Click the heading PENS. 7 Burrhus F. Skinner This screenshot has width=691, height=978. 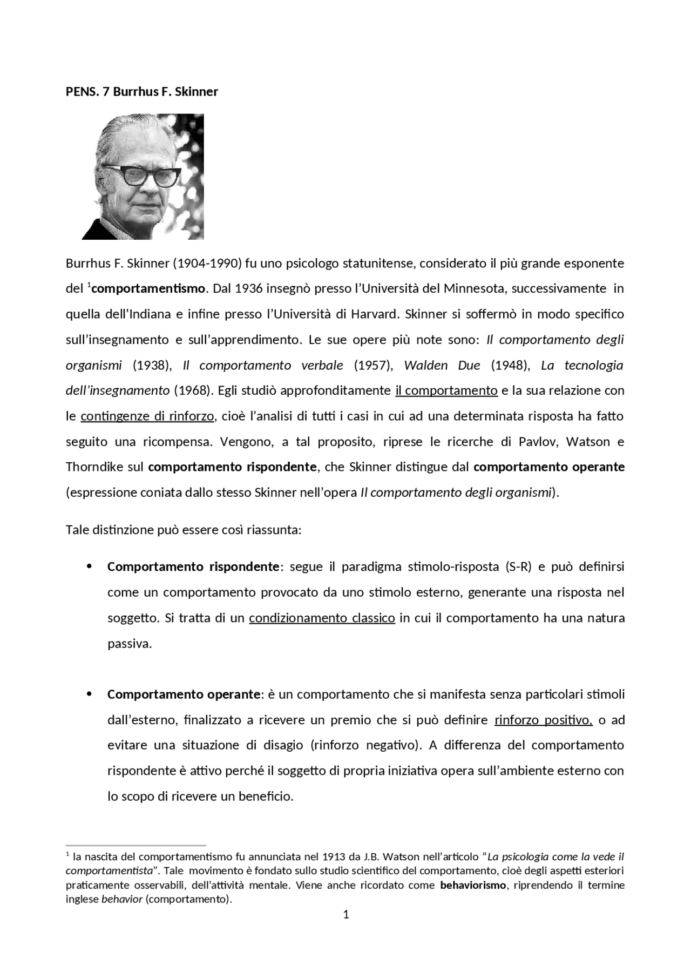click(x=141, y=91)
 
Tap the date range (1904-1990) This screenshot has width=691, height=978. click(x=206, y=264)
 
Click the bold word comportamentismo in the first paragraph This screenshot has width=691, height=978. click(x=148, y=288)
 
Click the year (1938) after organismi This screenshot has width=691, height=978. click(x=152, y=365)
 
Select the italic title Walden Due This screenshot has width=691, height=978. click(x=442, y=365)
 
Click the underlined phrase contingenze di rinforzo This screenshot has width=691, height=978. click(x=148, y=416)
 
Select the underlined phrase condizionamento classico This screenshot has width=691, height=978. click(x=322, y=618)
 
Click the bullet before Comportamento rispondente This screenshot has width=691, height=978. click(x=90, y=566)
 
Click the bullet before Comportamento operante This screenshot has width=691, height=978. click(x=90, y=694)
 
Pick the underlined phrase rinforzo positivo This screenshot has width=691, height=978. click(x=543, y=720)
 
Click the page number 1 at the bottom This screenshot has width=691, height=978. click(x=346, y=914)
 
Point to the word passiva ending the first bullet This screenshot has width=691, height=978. click(x=129, y=644)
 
